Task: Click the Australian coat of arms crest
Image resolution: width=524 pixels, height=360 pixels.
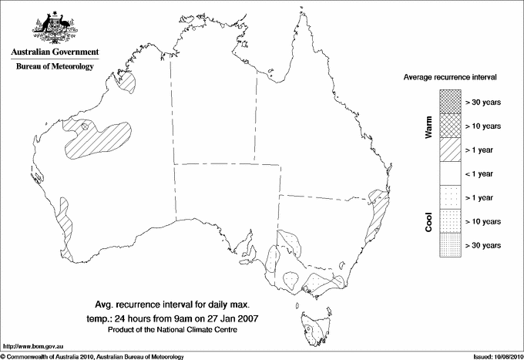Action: [55, 27]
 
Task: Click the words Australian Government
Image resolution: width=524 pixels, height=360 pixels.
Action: [55, 52]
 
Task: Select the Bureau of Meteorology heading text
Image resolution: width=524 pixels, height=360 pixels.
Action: [55, 66]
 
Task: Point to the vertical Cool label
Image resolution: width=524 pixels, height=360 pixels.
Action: [428, 221]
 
